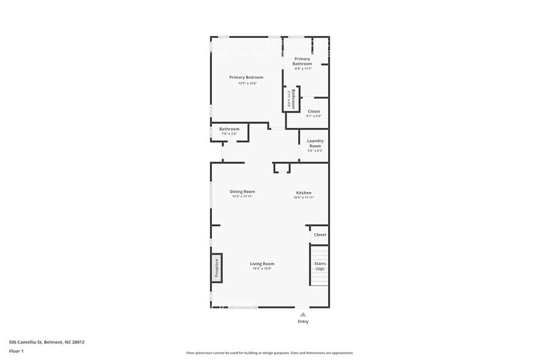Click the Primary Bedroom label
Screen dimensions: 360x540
(246, 77)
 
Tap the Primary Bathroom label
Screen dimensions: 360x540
(302, 61)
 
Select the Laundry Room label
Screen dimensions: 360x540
(315, 143)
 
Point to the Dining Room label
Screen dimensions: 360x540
(242, 192)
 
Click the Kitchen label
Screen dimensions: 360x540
(304, 192)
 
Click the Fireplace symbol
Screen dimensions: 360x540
(216, 268)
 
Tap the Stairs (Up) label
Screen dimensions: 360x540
(320, 266)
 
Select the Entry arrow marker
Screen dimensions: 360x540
(302, 314)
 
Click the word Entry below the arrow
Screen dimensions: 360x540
(303, 321)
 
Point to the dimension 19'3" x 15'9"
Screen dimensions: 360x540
(261, 269)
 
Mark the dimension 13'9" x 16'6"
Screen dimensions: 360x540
(247, 83)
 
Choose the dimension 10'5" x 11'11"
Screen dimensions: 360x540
(304, 198)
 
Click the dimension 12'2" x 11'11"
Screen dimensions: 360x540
(242, 197)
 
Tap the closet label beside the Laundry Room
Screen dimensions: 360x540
(313, 111)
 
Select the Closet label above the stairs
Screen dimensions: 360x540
(320, 234)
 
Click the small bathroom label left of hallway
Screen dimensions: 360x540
(229, 129)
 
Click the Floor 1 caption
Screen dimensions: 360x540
(16, 351)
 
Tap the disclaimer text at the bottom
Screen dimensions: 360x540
(269, 353)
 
